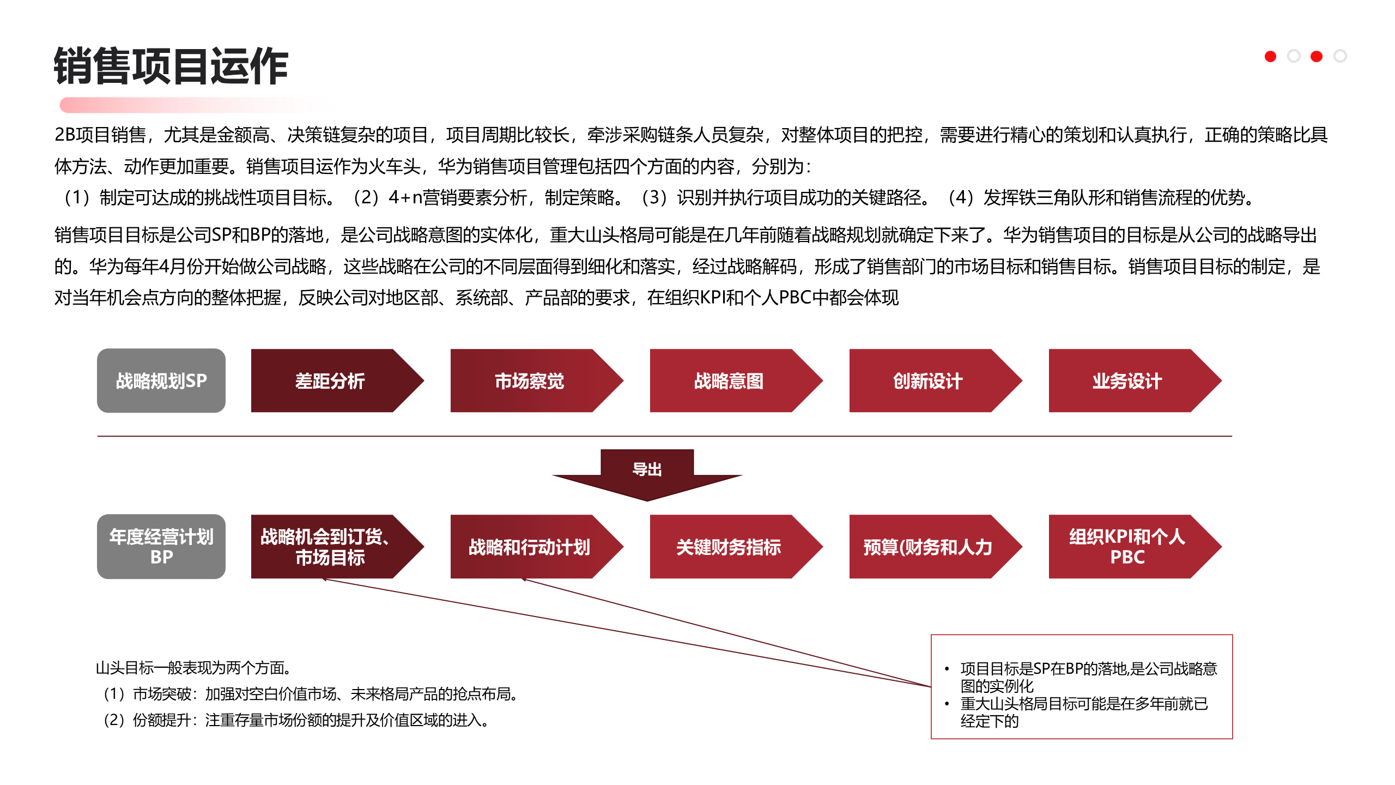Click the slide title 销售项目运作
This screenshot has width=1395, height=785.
[x=171, y=67]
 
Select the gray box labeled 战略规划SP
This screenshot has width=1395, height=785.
[x=161, y=381]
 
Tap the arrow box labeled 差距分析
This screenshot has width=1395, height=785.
[x=330, y=381]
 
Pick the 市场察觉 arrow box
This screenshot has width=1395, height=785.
[x=529, y=381]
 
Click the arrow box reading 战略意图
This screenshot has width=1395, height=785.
[x=729, y=381]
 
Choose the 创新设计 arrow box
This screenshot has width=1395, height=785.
[x=927, y=381]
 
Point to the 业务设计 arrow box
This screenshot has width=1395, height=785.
[x=1127, y=381]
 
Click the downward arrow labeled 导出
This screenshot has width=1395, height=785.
[x=647, y=472]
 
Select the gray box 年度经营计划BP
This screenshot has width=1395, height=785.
[x=161, y=546]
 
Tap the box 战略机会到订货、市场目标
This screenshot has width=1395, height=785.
[x=327, y=546]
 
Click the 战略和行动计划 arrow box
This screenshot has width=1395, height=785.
[x=529, y=546]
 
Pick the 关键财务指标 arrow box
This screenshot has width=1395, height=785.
[x=729, y=546]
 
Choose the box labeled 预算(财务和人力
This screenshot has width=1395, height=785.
[x=927, y=546]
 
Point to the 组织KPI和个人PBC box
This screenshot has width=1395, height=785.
[x=1127, y=546]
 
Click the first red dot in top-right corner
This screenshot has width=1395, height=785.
[x=1270, y=57]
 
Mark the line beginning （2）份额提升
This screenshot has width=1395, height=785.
[x=297, y=720]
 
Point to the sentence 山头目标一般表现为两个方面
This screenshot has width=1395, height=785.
[x=194, y=668]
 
